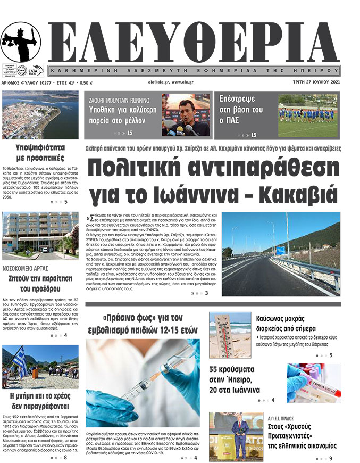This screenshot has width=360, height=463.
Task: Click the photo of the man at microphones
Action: [x=186, y=114]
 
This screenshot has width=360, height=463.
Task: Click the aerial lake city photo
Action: [x=40, y=115]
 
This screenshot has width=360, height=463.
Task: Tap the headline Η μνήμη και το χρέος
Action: [x=40, y=401]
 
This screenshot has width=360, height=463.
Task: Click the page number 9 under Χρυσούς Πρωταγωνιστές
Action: [x=330, y=458]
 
